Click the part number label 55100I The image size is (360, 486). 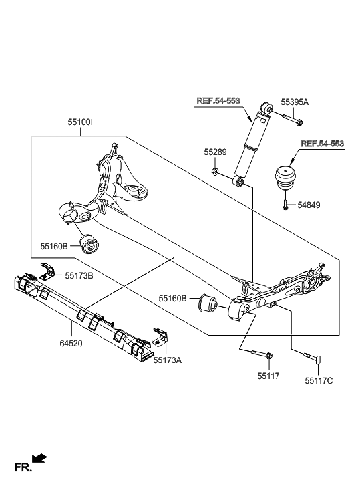point(81,123)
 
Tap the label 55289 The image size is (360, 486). point(215,152)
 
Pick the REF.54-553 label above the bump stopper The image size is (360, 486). point(322,144)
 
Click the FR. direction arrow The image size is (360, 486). point(39,459)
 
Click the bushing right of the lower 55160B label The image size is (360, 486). point(207,303)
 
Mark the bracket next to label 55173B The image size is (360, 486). point(47,271)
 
